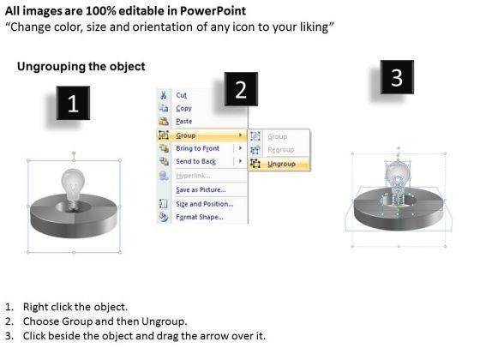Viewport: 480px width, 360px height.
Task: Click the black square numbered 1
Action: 73,103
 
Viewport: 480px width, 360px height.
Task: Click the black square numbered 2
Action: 241,89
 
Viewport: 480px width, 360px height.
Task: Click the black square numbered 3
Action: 397,77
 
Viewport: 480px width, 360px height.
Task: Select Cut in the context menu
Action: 181,95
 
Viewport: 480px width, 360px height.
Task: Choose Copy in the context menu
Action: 183,108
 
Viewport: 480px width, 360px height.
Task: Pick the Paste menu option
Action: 184,121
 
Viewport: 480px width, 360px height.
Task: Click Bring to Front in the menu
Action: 197,148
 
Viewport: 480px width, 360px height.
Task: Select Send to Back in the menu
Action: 196,161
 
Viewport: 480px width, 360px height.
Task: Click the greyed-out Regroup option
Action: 281,150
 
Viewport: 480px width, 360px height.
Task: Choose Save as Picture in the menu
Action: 201,189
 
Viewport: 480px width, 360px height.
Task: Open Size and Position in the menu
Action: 205,204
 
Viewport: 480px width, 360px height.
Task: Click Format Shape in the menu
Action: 200,217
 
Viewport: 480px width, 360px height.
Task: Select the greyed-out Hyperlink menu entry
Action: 193,176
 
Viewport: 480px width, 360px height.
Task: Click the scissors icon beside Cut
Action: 164,95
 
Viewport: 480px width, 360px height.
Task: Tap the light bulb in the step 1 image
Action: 73,189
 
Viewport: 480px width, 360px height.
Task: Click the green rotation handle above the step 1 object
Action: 74,153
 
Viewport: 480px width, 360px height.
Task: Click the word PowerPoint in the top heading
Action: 213,11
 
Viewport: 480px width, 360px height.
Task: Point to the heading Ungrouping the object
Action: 81,67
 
